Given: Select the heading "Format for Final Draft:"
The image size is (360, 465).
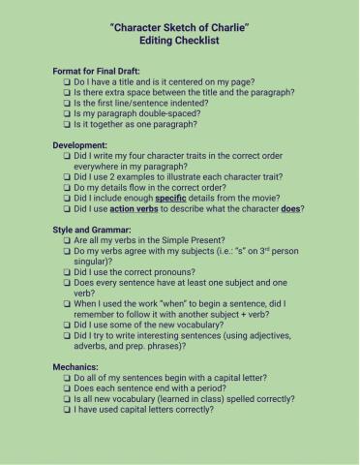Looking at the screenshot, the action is tap(100, 71).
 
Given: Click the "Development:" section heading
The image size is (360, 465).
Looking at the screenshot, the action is tap(79, 144).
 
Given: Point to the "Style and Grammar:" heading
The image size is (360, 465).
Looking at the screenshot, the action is tap(91, 229).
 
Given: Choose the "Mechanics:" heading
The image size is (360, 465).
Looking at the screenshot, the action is tap(76, 366).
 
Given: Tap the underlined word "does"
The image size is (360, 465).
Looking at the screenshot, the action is tap(288, 208).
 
